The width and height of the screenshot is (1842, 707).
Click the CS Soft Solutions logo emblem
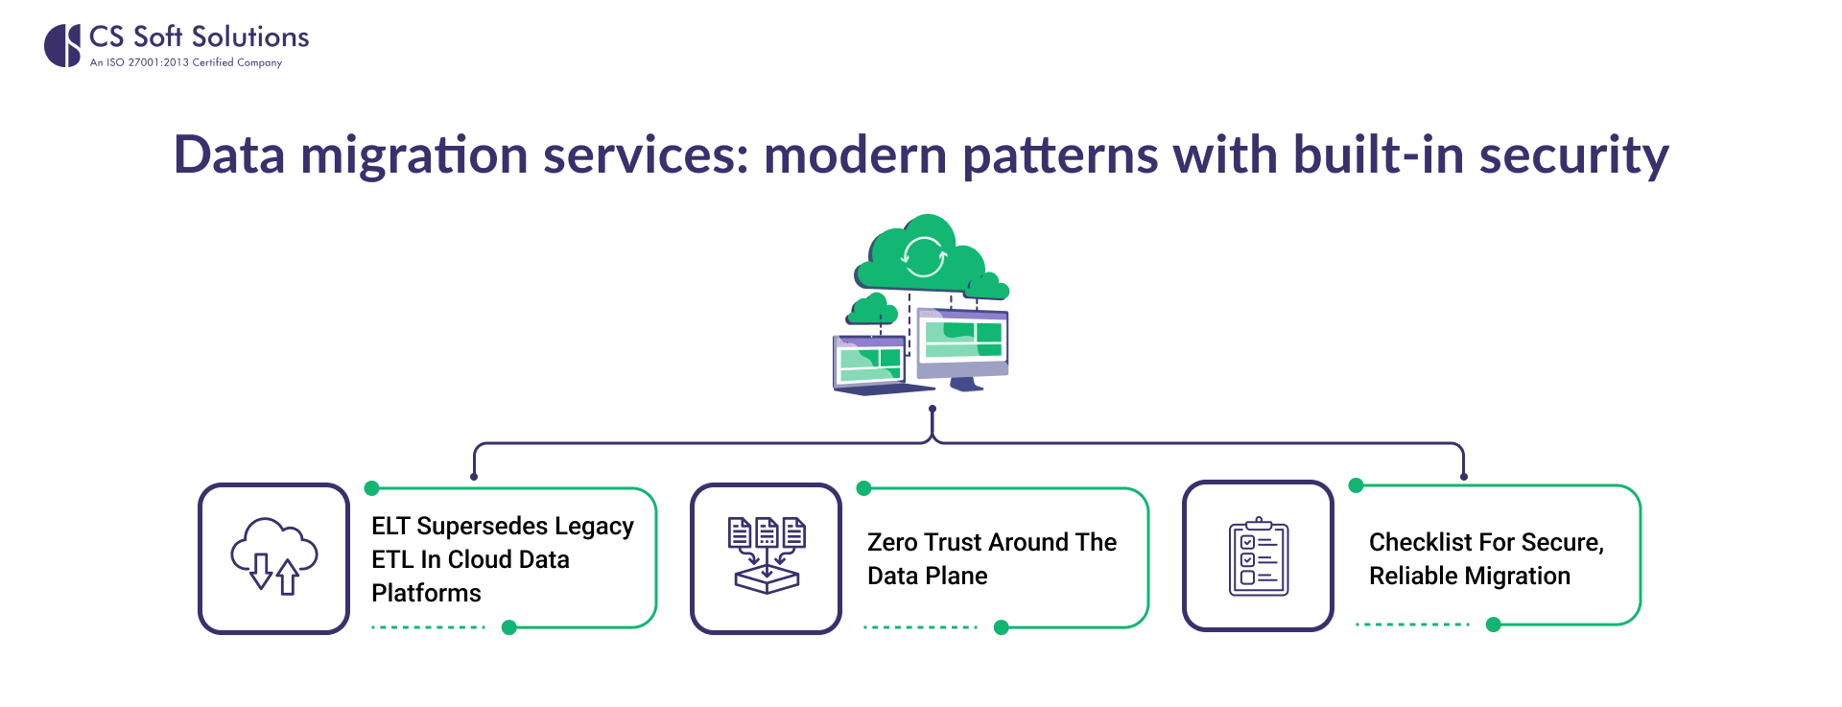click(63, 45)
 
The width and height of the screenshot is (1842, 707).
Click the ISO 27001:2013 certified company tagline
click(185, 63)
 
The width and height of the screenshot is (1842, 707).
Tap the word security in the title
click(1573, 155)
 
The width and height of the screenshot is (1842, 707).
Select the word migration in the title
click(413, 155)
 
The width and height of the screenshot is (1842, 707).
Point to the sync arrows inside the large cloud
click(924, 257)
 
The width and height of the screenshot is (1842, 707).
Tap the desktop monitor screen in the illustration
click(962, 342)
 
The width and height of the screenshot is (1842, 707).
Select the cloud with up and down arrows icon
click(273, 556)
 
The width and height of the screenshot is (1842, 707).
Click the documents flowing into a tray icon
click(766, 556)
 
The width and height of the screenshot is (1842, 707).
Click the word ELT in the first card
click(390, 526)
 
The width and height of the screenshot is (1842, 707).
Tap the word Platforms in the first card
click(426, 593)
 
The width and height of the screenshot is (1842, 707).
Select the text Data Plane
click(927, 576)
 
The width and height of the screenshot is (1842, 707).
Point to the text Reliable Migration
click(1469, 576)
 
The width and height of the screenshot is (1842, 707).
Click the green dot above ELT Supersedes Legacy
click(372, 488)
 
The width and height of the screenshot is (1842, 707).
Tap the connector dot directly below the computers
click(933, 409)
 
